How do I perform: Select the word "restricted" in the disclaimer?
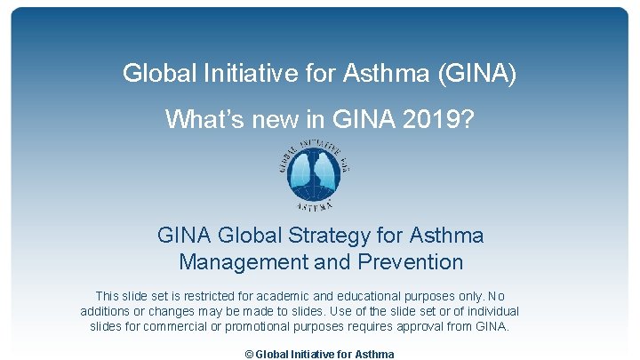195,295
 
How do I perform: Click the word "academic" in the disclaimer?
273,295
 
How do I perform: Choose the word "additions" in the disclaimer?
108,311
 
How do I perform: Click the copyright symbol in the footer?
249,354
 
